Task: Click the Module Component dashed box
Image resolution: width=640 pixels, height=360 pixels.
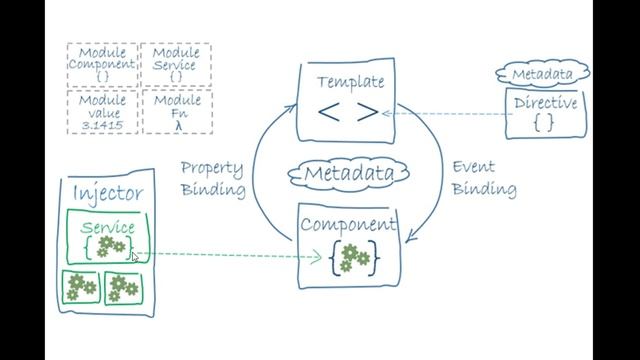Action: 101,65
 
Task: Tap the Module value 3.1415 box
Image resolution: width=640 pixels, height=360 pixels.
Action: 101,112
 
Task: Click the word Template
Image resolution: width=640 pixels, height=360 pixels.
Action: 349,81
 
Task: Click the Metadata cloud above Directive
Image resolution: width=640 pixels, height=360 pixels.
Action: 542,74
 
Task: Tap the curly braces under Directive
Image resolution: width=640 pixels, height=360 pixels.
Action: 543,123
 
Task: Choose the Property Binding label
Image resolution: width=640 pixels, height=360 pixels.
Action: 213,177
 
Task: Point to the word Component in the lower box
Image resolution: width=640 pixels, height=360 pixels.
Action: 349,223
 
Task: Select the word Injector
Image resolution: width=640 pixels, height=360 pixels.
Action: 108,193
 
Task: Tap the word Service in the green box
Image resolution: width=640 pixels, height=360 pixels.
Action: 108,228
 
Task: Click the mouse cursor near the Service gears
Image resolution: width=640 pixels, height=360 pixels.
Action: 134,256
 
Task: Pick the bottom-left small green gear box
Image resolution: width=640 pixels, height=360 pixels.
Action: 79,288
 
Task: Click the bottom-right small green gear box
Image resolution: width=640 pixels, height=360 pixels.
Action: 124,288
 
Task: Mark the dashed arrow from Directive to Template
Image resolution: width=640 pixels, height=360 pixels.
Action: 445,113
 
